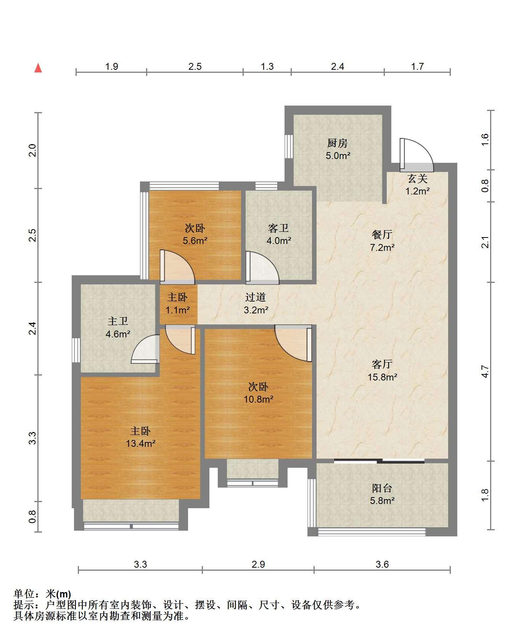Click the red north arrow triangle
(x=38, y=68)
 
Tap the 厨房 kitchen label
(x=338, y=143)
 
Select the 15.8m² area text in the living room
(x=382, y=377)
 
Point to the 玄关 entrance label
(x=417, y=178)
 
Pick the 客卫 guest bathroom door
(x=262, y=267)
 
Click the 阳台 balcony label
(x=382, y=488)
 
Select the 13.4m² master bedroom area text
(x=140, y=443)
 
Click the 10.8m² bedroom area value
(x=259, y=399)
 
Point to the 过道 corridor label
(x=256, y=297)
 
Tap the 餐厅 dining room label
(x=382, y=234)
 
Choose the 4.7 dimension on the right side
(x=485, y=371)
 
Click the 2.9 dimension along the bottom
(x=258, y=564)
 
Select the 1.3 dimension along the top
(x=267, y=66)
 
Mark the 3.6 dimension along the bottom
(x=382, y=564)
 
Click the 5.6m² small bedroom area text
(x=195, y=241)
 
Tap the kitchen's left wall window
(x=289, y=146)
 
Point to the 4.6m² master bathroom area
(x=118, y=334)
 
